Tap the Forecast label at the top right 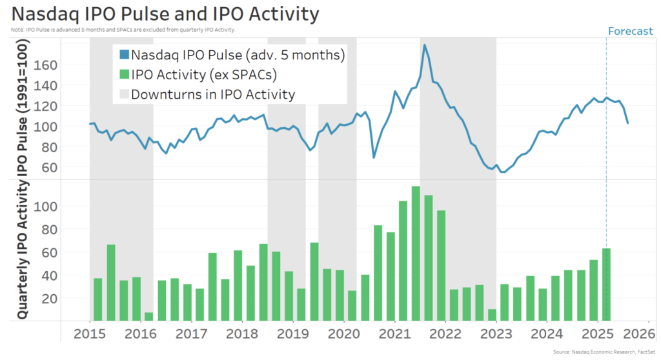[x=630, y=31]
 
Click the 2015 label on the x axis [x=90, y=335]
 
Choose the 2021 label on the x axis [x=395, y=335]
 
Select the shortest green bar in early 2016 [x=149, y=317]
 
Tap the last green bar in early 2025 [x=606, y=285]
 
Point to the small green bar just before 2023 [x=492, y=315]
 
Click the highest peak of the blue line [x=424, y=45]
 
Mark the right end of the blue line [x=628, y=123]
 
